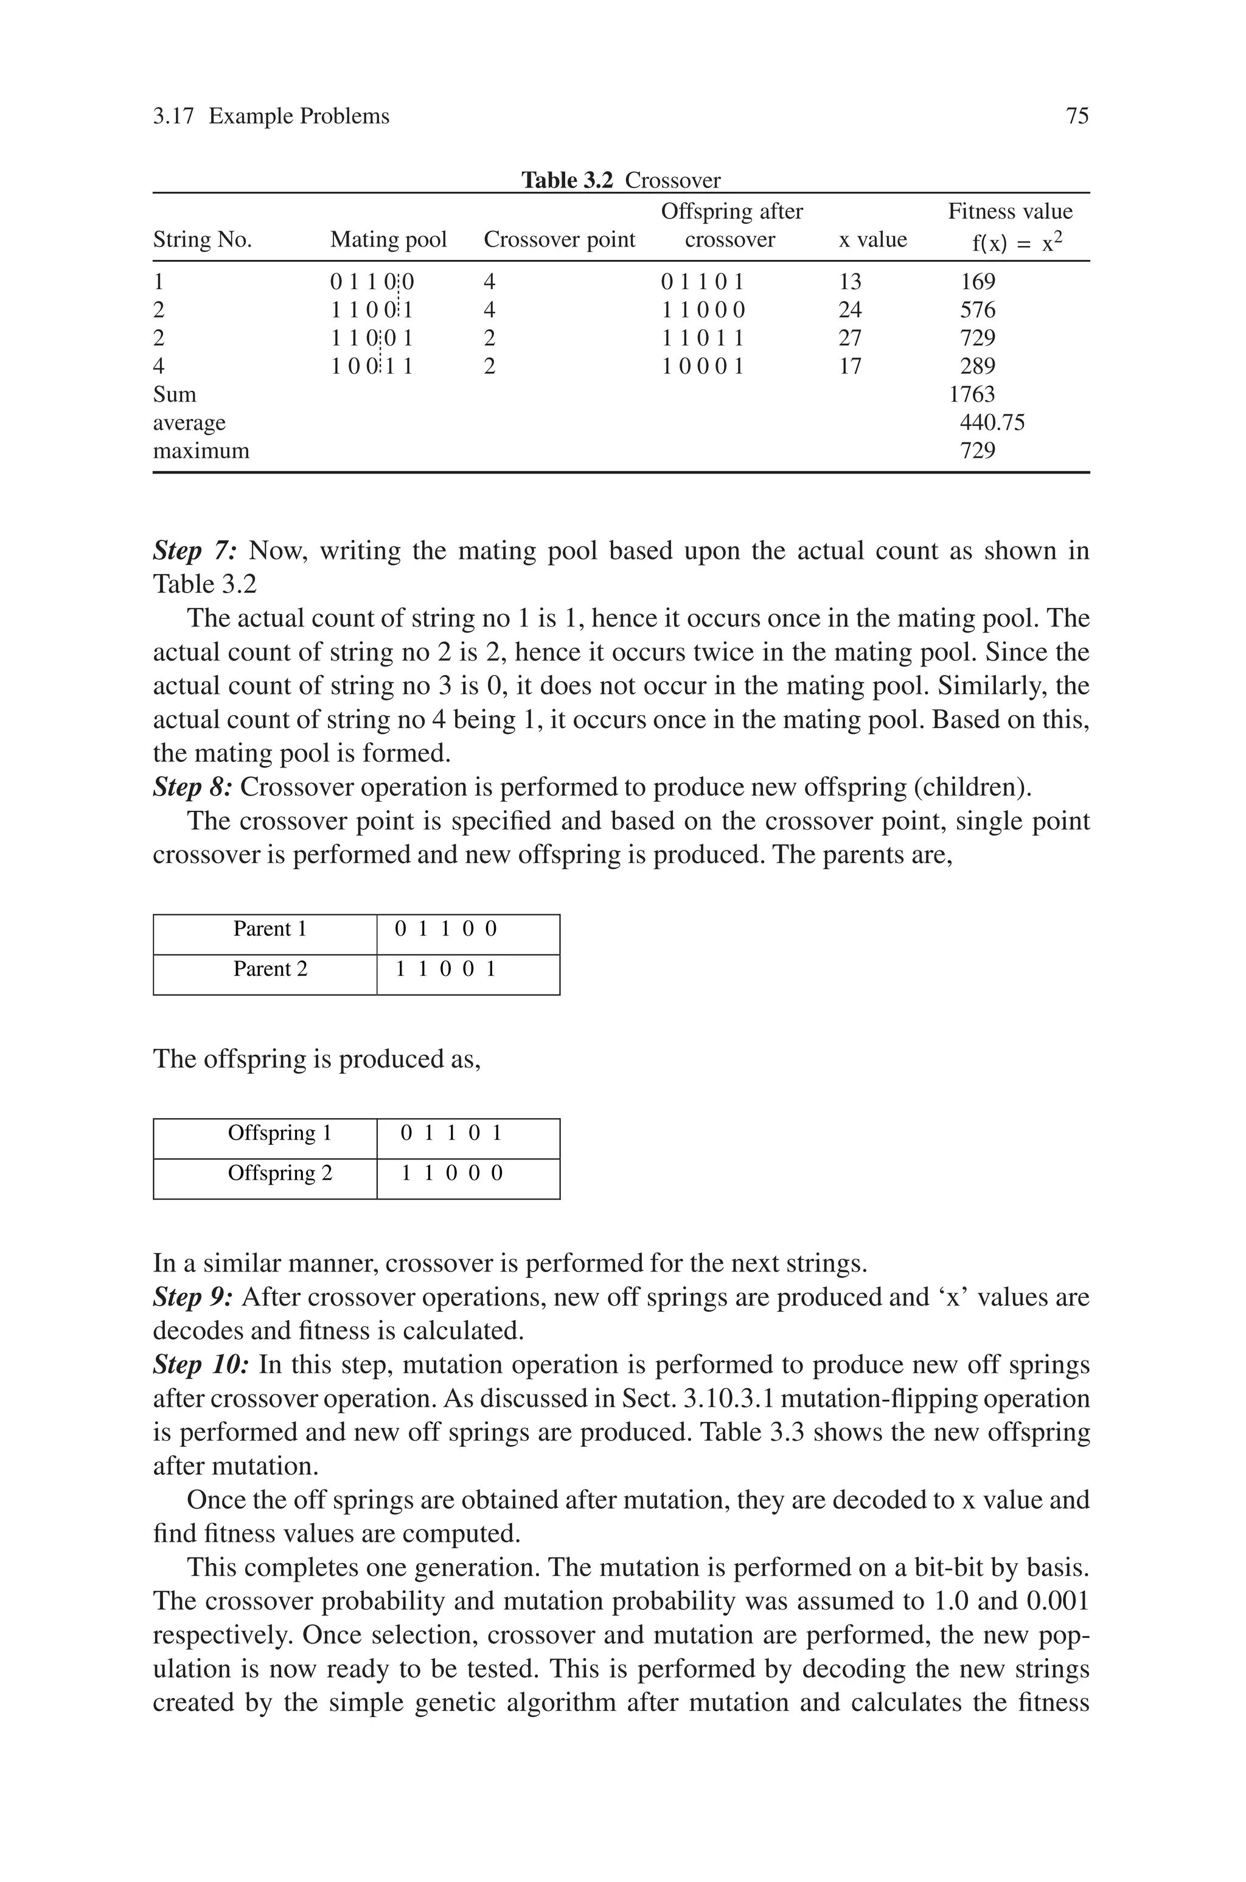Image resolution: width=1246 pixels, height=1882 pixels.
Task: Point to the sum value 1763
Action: (971, 395)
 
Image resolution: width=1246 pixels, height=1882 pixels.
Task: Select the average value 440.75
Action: (992, 423)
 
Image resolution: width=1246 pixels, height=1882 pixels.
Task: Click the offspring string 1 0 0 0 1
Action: (703, 366)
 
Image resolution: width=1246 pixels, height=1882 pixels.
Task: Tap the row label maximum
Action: (201, 452)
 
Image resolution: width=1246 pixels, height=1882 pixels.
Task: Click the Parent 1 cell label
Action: (270, 929)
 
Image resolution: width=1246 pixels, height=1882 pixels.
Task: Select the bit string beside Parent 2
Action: (446, 969)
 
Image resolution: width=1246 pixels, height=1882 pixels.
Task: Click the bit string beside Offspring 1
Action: (451, 1133)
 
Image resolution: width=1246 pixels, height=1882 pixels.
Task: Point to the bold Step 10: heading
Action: (201, 1365)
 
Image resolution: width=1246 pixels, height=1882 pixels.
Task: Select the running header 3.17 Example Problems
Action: (271, 117)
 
